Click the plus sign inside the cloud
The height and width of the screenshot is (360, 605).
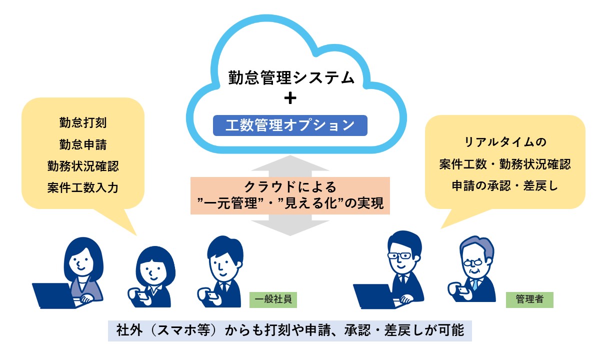[290, 98]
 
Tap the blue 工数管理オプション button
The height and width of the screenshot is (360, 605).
[290, 125]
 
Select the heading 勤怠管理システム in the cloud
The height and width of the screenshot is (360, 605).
[291, 78]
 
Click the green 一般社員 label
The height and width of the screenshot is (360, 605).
[273, 300]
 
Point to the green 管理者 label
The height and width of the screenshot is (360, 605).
[529, 300]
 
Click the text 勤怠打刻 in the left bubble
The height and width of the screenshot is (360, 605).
[83, 122]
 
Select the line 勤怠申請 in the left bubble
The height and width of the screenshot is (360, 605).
[83, 144]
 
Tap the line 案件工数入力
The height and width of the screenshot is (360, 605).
[83, 187]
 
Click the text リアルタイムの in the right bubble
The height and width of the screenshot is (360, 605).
[505, 142]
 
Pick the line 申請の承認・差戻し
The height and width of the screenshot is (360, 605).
[505, 186]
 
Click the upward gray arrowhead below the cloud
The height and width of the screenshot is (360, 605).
[290, 163]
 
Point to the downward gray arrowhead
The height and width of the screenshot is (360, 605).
[290, 228]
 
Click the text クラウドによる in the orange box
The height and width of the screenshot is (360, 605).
[290, 187]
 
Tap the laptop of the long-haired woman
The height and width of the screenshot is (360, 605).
[54, 295]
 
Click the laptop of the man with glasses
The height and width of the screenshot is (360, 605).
[375, 296]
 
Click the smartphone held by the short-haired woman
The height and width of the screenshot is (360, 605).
[142, 295]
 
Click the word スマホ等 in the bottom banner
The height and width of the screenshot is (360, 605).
[183, 330]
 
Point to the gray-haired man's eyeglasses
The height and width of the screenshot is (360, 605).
[473, 262]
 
